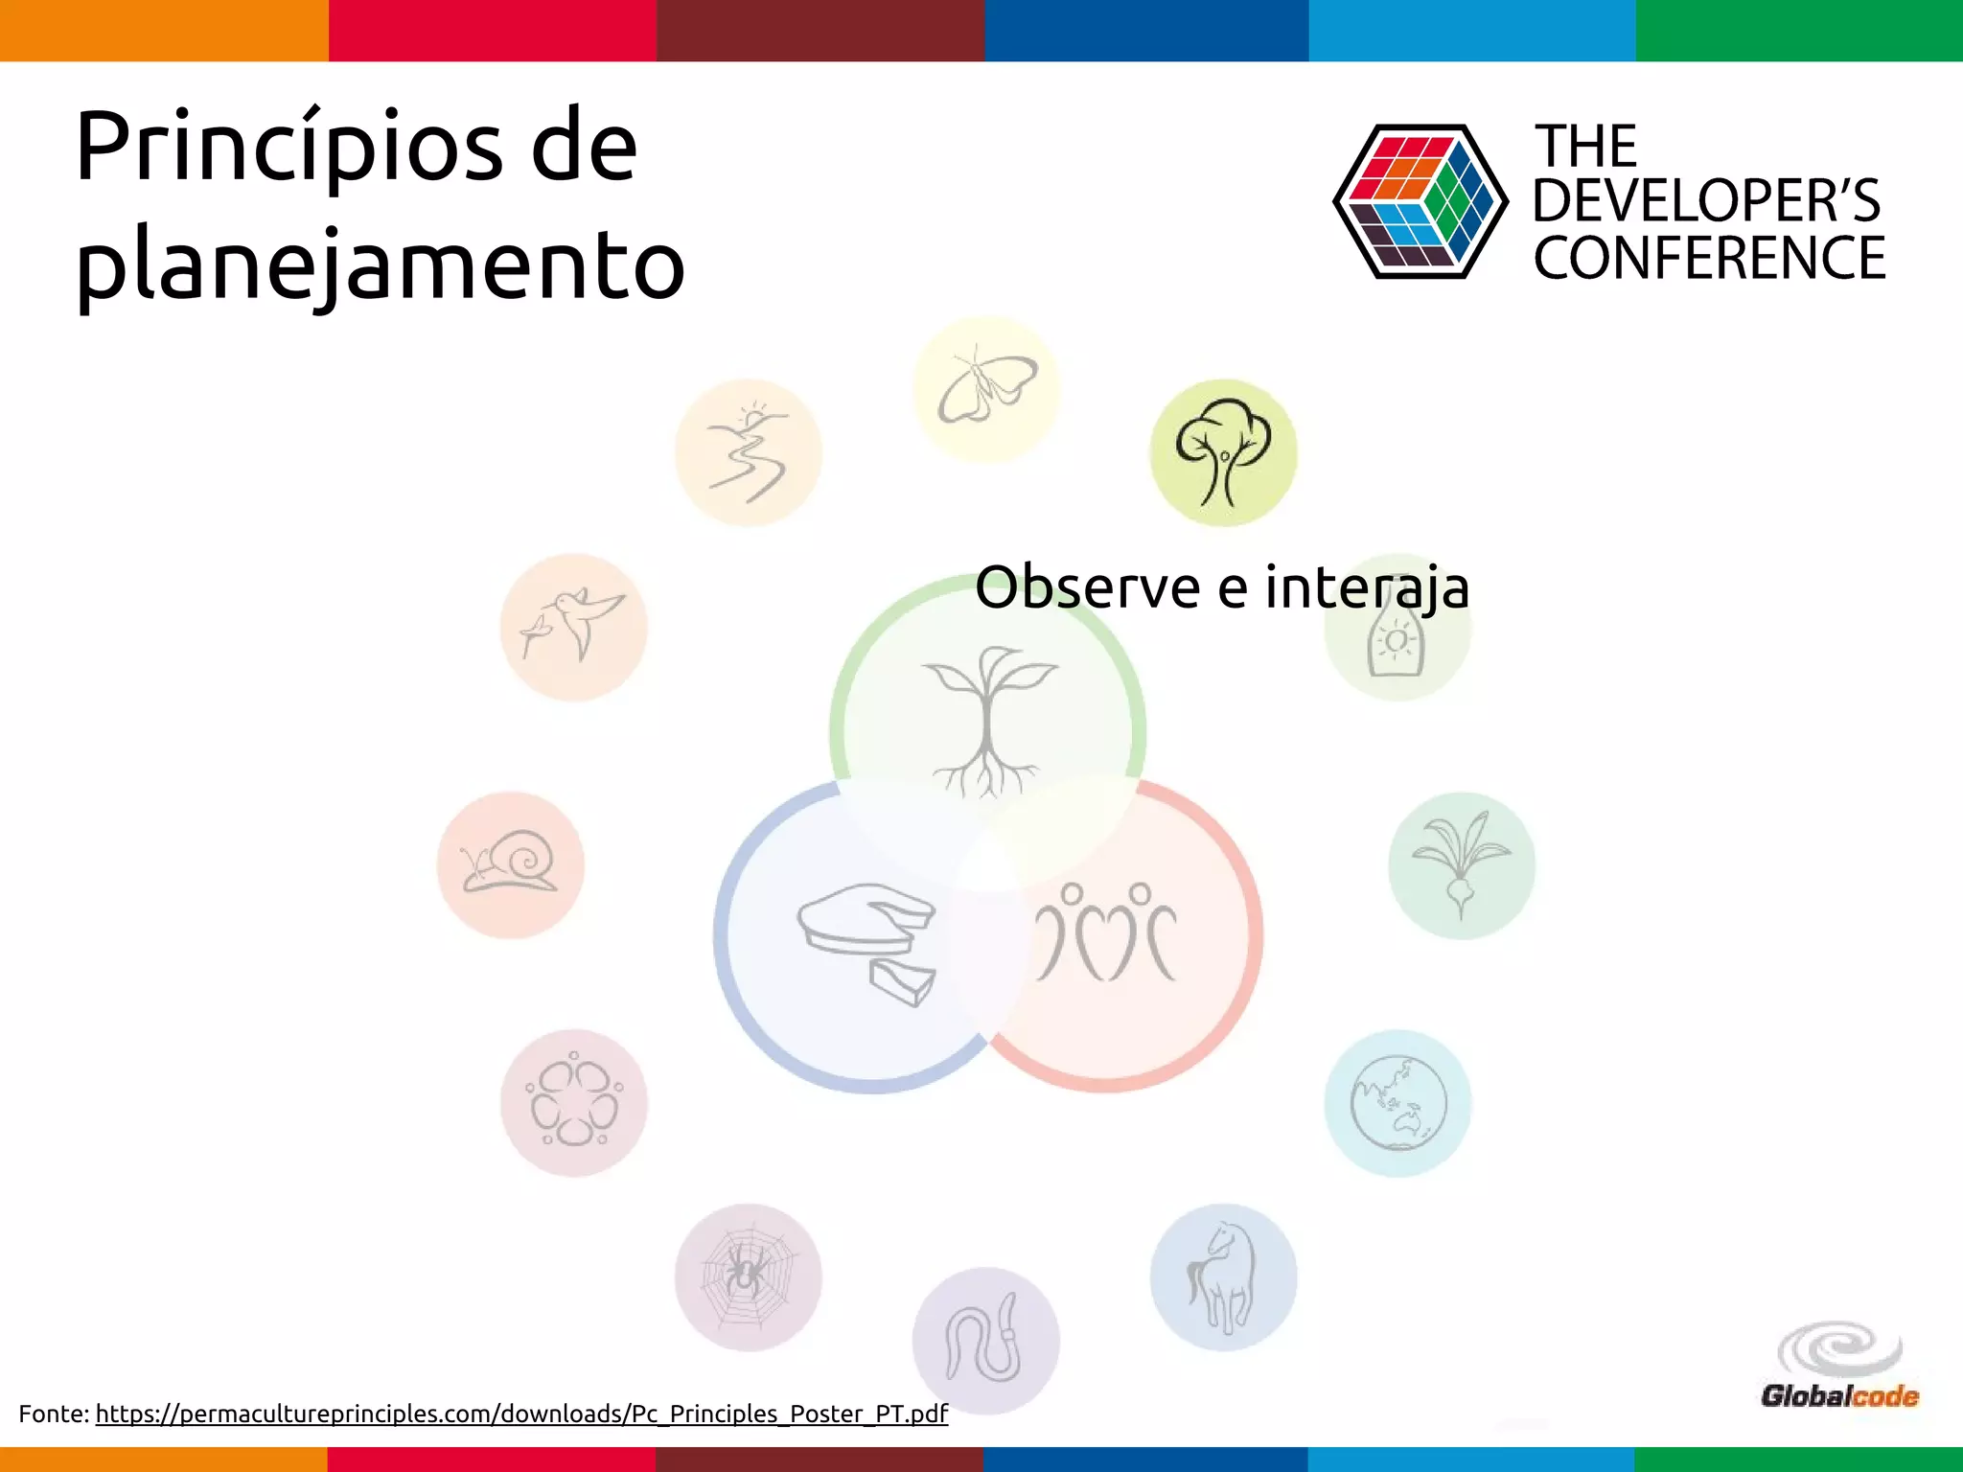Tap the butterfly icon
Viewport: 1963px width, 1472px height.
click(x=986, y=389)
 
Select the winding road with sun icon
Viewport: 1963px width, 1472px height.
click(x=749, y=453)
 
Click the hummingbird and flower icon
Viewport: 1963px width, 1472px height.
click(x=573, y=627)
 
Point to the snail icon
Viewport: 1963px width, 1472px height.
click(x=511, y=864)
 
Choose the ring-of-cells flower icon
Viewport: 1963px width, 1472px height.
click(x=573, y=1103)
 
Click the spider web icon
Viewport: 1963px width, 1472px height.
click(x=748, y=1277)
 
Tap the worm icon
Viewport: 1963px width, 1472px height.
click(x=985, y=1341)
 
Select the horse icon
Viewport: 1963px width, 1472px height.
click(x=1223, y=1277)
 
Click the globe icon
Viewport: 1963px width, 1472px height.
click(x=1397, y=1103)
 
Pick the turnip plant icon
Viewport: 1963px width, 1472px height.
click(x=1461, y=864)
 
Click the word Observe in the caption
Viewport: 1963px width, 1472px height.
click(x=1087, y=587)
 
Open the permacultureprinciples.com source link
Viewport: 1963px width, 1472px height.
click(x=521, y=1414)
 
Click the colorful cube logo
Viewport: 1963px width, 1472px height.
click(x=1420, y=202)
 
